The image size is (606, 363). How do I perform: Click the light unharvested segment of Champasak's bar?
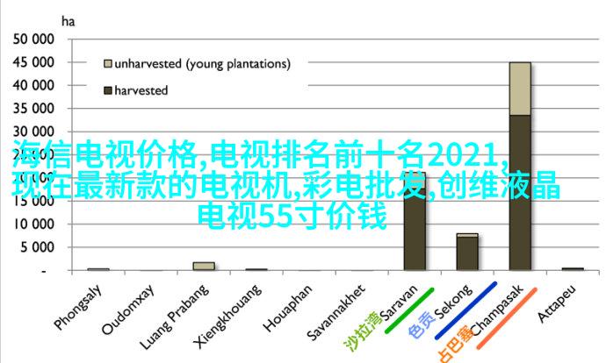pyautogui.click(x=520, y=89)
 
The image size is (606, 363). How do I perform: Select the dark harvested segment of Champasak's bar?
pyautogui.click(x=520, y=193)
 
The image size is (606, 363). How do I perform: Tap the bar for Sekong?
pyautogui.click(x=467, y=252)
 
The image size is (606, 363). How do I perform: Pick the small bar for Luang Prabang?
pyautogui.click(x=204, y=266)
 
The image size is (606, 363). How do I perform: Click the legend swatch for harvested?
pyautogui.click(x=108, y=90)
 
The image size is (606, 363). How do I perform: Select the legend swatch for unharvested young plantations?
pyautogui.click(x=108, y=64)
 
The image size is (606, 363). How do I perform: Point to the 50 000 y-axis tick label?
pyautogui.click(x=33, y=39)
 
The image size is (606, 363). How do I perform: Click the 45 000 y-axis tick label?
pyautogui.click(x=33, y=62)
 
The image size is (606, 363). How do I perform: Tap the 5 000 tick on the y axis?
pyautogui.click(x=37, y=247)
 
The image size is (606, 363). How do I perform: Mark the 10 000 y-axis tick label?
pyautogui.click(x=33, y=224)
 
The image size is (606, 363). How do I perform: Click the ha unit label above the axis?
pyautogui.click(x=68, y=22)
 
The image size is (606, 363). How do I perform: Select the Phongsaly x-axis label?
pyautogui.click(x=78, y=308)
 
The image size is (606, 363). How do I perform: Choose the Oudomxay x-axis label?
pyautogui.click(x=128, y=310)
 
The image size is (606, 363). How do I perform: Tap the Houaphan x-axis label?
pyautogui.click(x=288, y=309)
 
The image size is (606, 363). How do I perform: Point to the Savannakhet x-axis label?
pyautogui.click(x=336, y=312)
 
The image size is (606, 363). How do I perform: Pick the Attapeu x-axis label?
pyautogui.click(x=557, y=303)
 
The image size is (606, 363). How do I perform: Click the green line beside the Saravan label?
pyautogui.click(x=409, y=310)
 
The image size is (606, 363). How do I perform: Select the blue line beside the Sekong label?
pyautogui.click(x=465, y=310)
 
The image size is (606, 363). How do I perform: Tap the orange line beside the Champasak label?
pyautogui.click(x=507, y=318)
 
